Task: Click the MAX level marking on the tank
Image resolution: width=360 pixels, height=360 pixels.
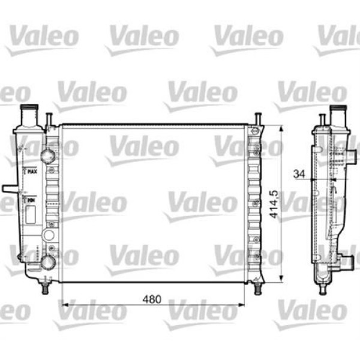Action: coord(32,172)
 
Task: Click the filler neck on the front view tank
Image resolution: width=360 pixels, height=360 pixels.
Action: coord(28,113)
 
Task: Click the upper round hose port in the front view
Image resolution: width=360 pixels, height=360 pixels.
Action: coord(47,157)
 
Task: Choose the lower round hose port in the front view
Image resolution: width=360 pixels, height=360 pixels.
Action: coord(47,263)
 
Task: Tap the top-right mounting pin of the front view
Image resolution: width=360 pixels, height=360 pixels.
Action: coord(257,118)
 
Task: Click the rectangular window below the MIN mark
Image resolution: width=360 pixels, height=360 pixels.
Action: coord(31,214)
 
